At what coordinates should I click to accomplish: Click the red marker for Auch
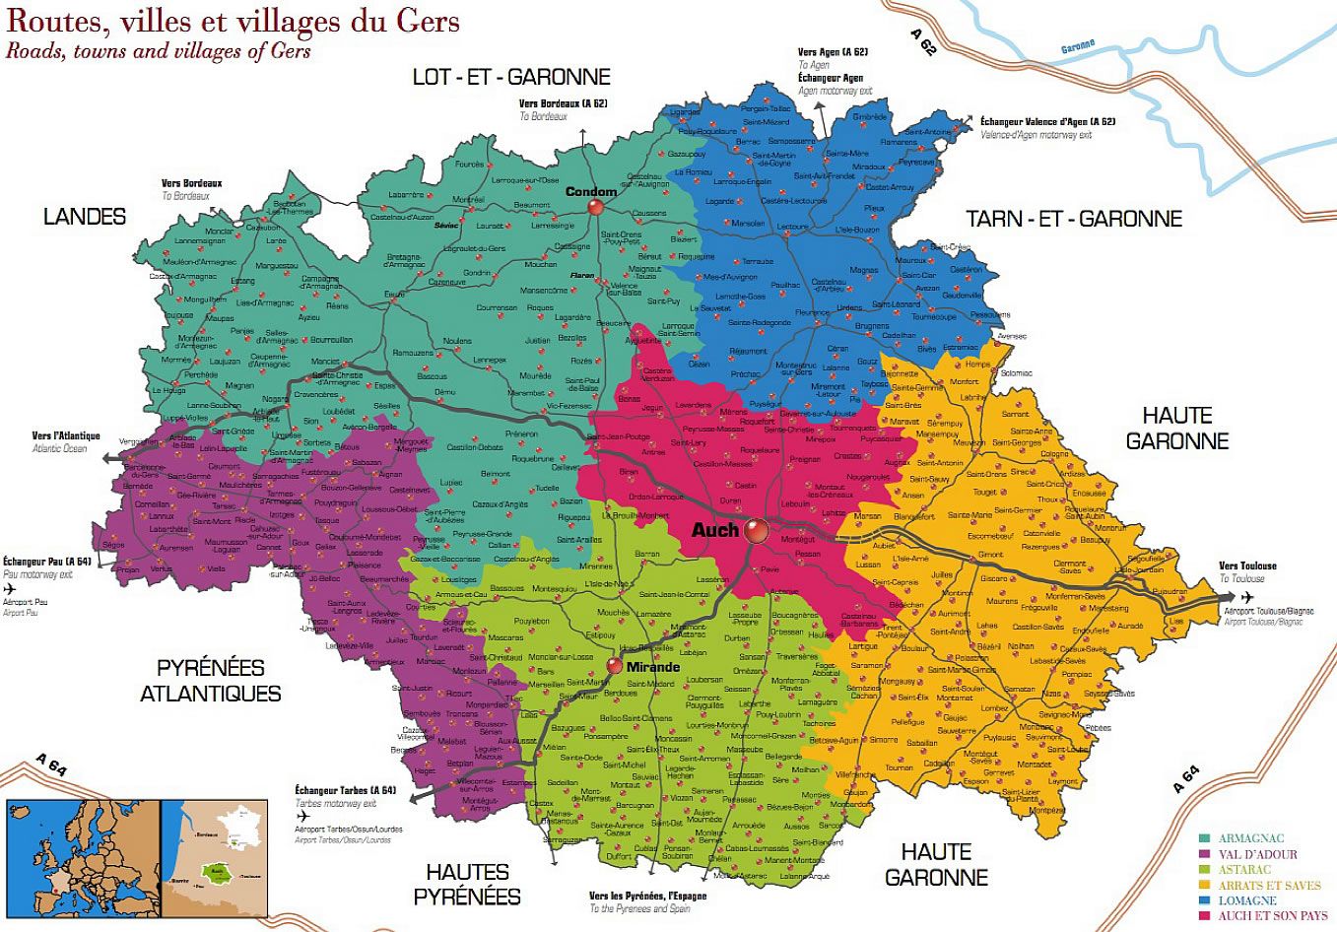(x=756, y=531)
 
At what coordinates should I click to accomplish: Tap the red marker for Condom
(x=595, y=207)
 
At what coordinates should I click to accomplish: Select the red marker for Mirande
(x=615, y=666)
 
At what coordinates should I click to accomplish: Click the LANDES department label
(x=85, y=217)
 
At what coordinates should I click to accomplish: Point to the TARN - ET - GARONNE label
(x=1074, y=219)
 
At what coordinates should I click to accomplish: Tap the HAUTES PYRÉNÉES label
(x=467, y=884)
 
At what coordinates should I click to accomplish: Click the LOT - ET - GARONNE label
(x=511, y=77)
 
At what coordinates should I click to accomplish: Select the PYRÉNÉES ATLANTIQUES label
(x=210, y=681)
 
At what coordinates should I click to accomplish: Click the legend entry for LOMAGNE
(x=1246, y=900)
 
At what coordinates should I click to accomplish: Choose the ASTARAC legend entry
(x=1244, y=870)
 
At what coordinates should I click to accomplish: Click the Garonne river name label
(x=1078, y=46)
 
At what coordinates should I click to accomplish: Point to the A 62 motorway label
(x=923, y=41)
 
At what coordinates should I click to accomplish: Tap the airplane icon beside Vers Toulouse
(x=1247, y=597)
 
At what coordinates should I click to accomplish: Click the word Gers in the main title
(x=427, y=20)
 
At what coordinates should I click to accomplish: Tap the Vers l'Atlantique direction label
(x=66, y=435)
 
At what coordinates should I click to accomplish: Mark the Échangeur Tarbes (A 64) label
(x=345, y=790)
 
